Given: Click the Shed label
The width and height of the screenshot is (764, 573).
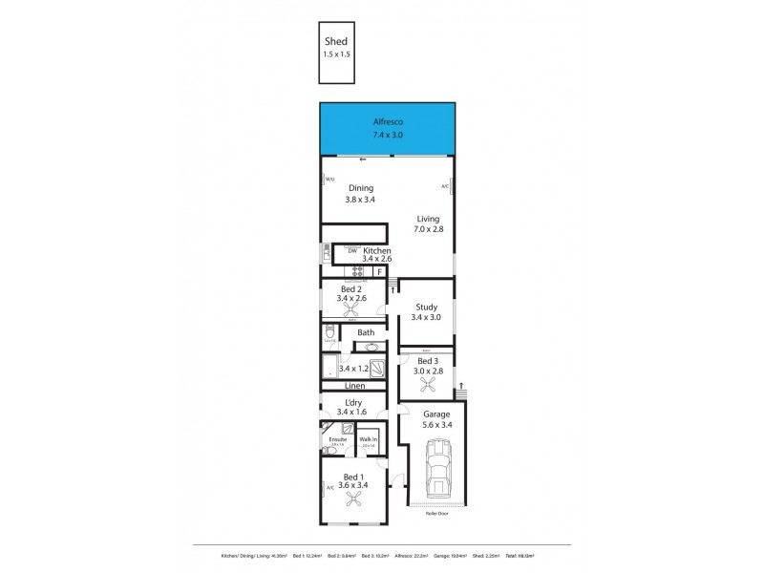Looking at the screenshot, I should (336, 41).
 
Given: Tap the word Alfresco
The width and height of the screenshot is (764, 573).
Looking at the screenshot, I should (387, 122).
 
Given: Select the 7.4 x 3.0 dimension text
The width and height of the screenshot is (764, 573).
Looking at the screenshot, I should (387, 136).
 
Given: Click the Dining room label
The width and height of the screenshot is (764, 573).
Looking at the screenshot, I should (361, 188).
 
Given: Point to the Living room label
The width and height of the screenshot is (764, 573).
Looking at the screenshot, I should (428, 219).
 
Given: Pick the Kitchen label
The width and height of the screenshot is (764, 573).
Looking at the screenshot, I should (377, 250).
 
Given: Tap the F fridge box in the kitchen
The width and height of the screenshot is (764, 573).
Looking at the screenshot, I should (379, 272).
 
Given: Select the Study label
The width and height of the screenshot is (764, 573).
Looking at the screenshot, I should (426, 307).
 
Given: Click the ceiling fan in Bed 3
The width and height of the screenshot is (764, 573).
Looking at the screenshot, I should (426, 386).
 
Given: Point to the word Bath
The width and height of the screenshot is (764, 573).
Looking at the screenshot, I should (367, 332).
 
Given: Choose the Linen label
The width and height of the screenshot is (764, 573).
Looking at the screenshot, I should (354, 386).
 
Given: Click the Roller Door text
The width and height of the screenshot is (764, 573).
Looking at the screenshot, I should (436, 513).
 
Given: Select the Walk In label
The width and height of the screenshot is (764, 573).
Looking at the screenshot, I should (368, 439).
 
